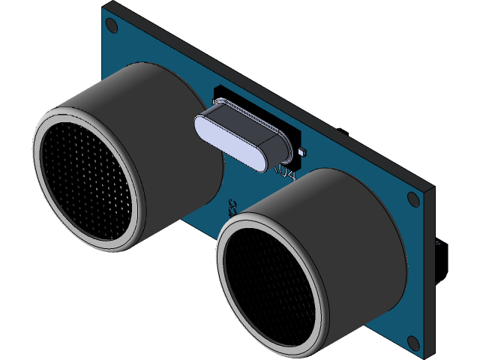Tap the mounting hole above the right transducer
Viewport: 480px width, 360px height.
pyautogui.click(x=412, y=199)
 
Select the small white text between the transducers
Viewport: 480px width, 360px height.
pyautogui.click(x=233, y=205)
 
